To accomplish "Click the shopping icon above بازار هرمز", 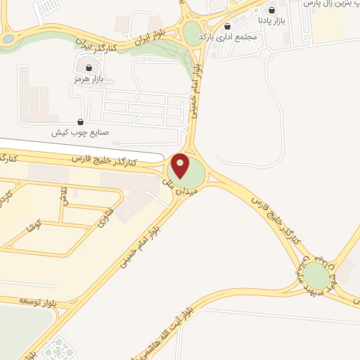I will pyautogui.click(x=89, y=68).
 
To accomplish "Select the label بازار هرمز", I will pyautogui.click(x=89, y=79).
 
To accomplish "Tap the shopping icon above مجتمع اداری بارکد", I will pyautogui.click(x=227, y=26).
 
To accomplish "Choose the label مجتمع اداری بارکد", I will pyautogui.click(x=225, y=36).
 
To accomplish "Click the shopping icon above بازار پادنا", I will pyautogui.click(x=271, y=11).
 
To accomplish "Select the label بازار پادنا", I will pyautogui.click(x=271, y=21).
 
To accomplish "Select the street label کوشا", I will pyautogui.click(x=32, y=226).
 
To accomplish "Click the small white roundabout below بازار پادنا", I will pyautogui.click(x=265, y=53).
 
